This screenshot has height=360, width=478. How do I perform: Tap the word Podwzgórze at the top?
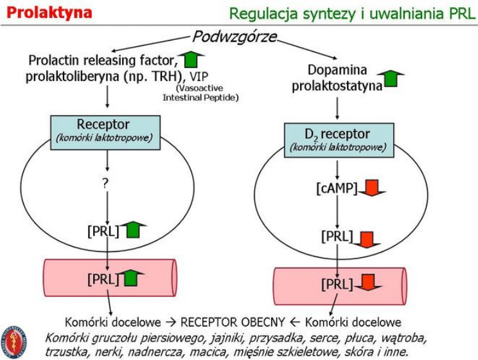pos(235,37)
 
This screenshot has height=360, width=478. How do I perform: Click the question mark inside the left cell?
pos(105,183)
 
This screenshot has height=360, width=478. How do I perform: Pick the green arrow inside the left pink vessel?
pos(132,278)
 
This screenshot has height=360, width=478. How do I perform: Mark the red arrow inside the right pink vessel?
pos(367,283)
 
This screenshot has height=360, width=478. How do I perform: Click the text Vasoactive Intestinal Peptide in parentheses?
pos(202,92)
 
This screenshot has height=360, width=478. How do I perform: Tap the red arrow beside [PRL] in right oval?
pos(367,238)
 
